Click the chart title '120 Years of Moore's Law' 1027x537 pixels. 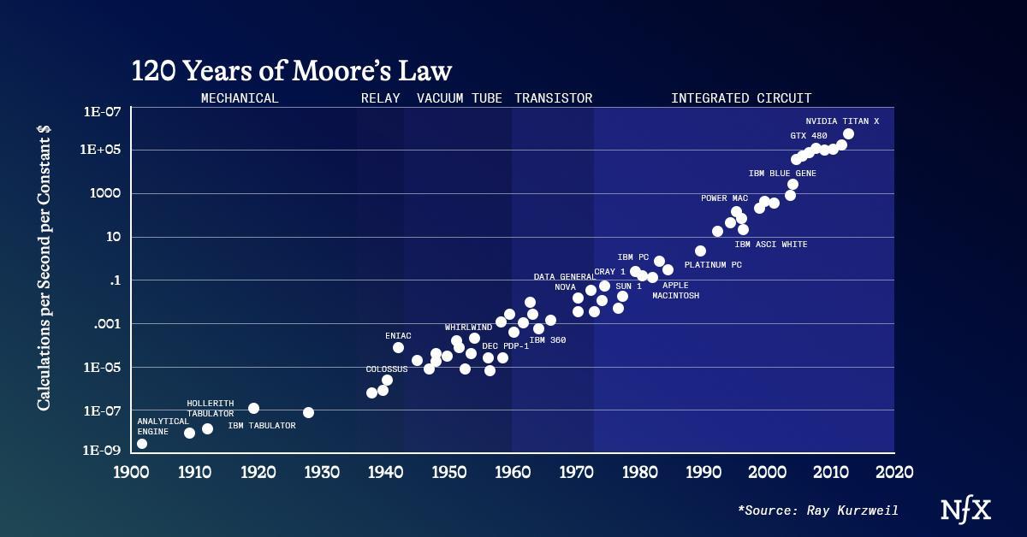pos(291,70)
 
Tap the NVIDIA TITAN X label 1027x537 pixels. pos(848,121)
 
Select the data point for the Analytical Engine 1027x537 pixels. pos(142,443)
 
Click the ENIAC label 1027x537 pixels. pos(399,336)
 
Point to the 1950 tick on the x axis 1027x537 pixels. pos(448,471)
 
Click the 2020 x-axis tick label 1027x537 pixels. pos(893,471)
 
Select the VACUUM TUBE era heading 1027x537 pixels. pos(460,98)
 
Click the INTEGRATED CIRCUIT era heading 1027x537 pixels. pos(741,98)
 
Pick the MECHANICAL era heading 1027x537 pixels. pos(240,98)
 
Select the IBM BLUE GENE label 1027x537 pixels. pos(782,173)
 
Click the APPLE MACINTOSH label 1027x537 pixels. pos(675,291)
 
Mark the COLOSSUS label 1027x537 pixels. pos(387,369)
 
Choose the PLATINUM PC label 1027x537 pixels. pos(713,265)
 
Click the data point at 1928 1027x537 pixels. pos(308,412)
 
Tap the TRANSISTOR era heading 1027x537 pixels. pos(553,98)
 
